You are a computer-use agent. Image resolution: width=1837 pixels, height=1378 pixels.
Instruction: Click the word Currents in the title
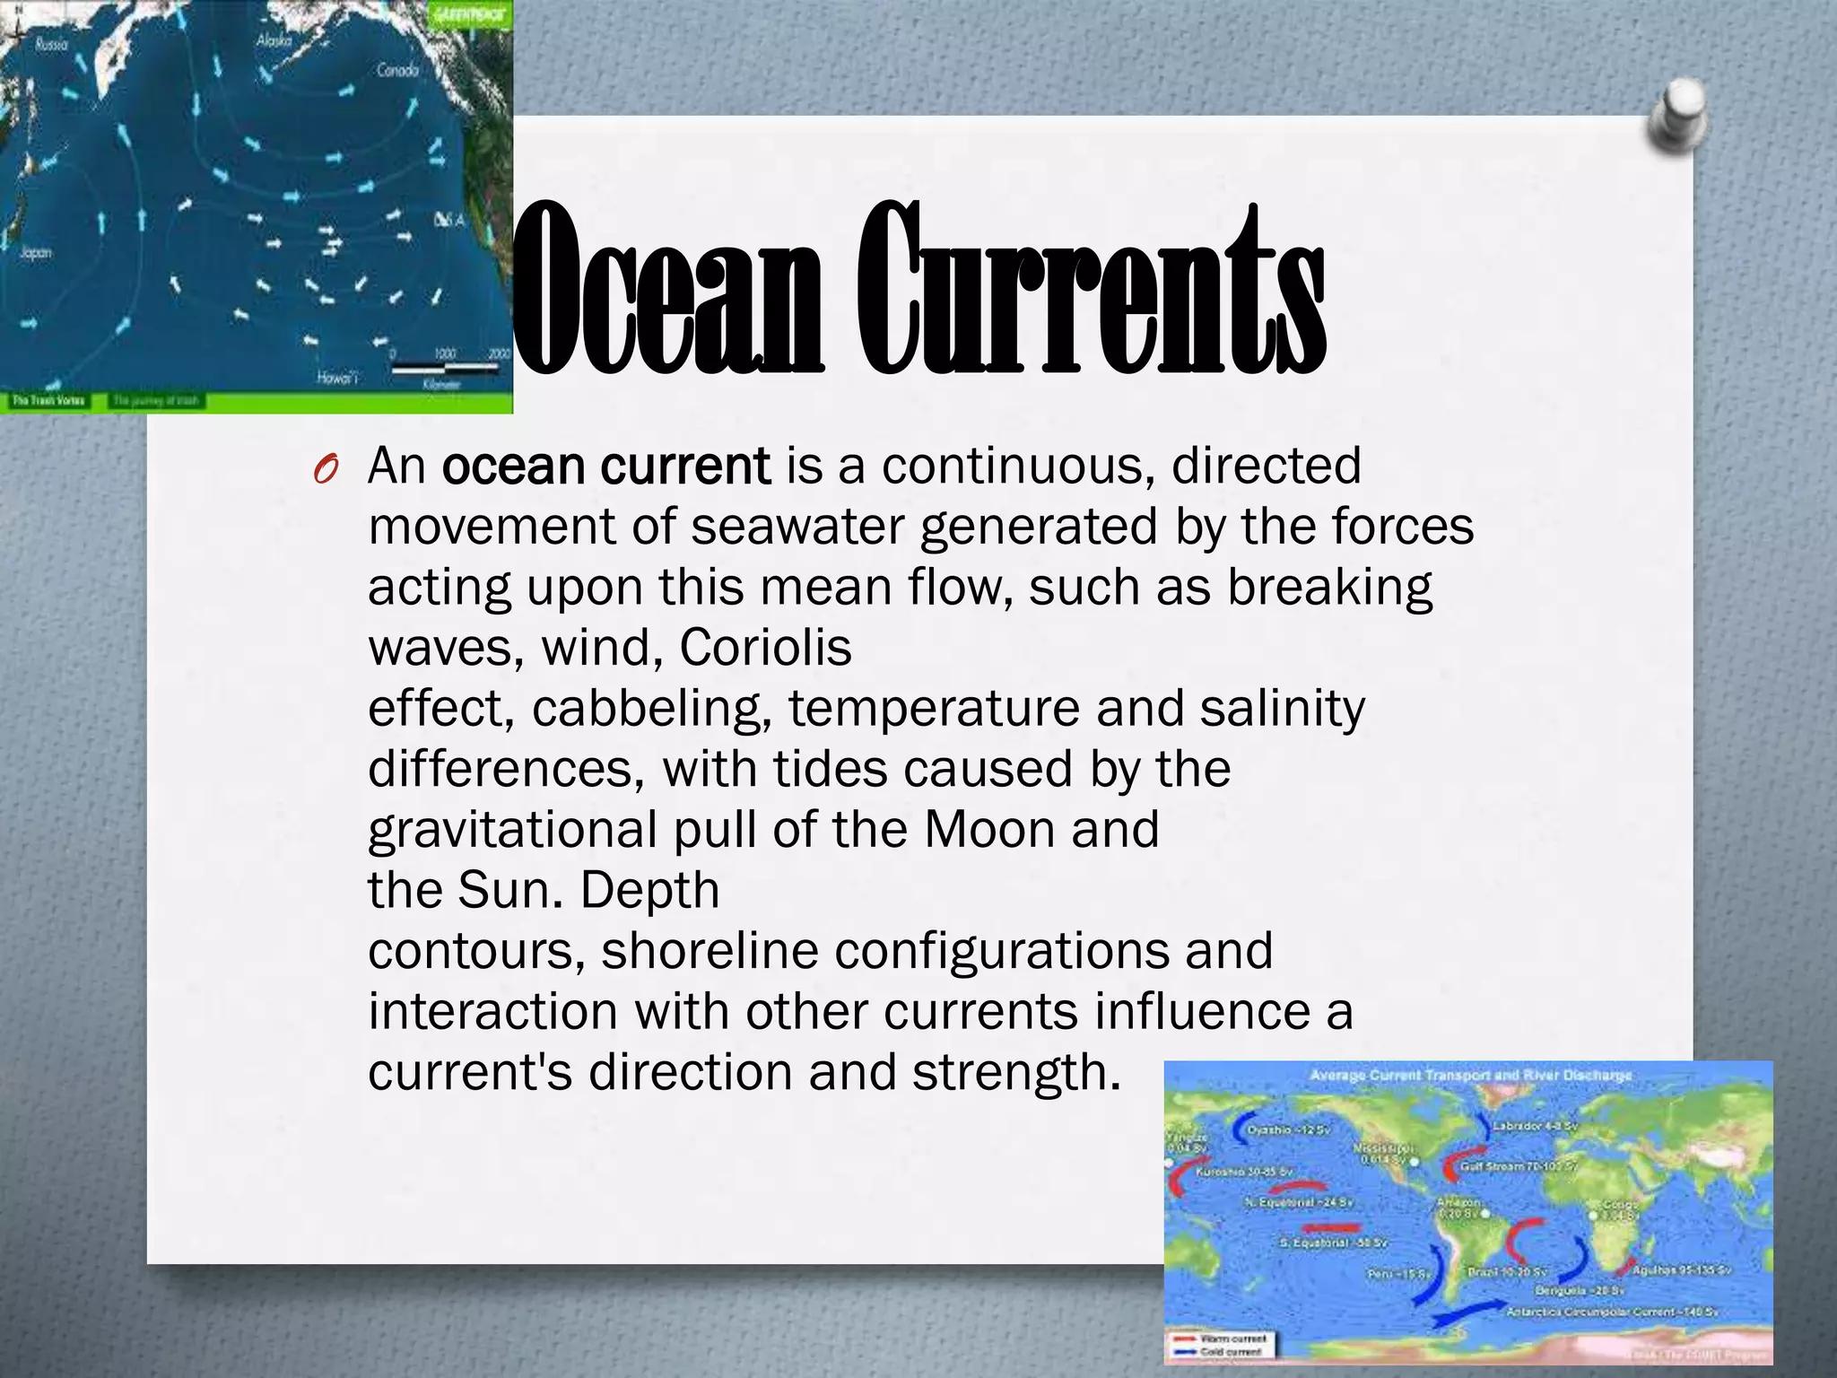click(x=1090, y=289)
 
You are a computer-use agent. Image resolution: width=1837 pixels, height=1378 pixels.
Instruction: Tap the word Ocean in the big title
click(x=668, y=289)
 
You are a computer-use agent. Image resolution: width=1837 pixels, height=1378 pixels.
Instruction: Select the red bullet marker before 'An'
click(x=325, y=469)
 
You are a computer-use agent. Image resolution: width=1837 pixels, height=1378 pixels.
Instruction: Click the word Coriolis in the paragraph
click(x=765, y=647)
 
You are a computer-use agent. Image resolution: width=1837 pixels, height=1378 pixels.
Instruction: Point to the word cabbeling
click(x=651, y=708)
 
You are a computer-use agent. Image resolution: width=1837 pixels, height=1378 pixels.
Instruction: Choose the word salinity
click(x=1282, y=708)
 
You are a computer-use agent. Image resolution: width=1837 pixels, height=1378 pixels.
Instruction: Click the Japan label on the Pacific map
click(x=36, y=253)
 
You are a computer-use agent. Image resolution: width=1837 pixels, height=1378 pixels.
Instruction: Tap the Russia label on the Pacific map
click(x=51, y=44)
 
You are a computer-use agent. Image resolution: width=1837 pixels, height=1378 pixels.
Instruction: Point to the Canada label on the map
click(x=397, y=69)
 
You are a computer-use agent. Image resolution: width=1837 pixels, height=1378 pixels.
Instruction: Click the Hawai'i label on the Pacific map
click(x=337, y=378)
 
